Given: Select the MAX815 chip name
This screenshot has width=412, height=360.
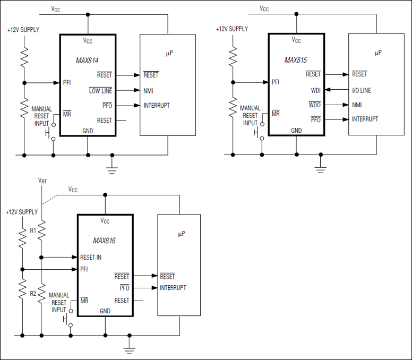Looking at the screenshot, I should (x=296, y=61).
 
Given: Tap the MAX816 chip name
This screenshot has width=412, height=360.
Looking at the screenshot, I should (x=104, y=241).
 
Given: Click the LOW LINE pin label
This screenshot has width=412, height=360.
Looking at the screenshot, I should (x=100, y=91).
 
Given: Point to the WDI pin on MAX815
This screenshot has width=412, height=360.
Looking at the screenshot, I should (x=315, y=90).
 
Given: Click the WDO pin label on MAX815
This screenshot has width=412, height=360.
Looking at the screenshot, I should (x=315, y=105).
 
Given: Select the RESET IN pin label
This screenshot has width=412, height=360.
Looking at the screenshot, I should (x=91, y=258).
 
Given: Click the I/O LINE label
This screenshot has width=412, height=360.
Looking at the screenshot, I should (x=362, y=90).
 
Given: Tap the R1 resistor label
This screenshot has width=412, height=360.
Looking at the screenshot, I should (x=33, y=231).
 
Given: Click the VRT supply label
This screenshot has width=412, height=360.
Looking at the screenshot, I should (x=43, y=181).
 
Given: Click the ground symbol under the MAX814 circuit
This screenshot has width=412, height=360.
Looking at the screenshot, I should (x=111, y=168).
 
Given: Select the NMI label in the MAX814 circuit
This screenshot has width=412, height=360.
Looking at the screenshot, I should (x=148, y=91).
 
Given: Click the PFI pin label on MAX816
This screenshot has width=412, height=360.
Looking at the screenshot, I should (x=84, y=270).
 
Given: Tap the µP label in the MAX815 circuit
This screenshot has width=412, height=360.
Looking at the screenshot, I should (x=378, y=53).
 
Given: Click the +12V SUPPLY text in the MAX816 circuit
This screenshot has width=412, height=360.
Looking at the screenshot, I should (x=21, y=212).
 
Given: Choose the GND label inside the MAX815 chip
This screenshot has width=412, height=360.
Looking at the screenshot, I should (x=296, y=131).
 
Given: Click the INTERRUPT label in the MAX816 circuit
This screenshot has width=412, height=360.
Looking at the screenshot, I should (x=173, y=288).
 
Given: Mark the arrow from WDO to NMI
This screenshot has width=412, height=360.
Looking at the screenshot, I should (x=334, y=105).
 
